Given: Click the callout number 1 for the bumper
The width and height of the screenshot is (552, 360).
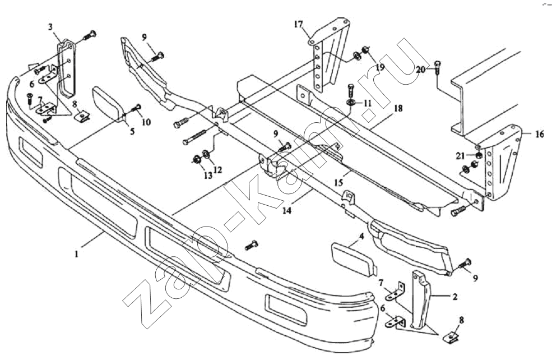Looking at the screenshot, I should (x=76, y=253).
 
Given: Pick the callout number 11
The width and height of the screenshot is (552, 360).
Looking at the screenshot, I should (x=367, y=103).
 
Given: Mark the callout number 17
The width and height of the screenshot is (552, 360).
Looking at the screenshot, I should (x=298, y=24).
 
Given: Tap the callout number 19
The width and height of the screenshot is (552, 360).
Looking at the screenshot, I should (x=380, y=67).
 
